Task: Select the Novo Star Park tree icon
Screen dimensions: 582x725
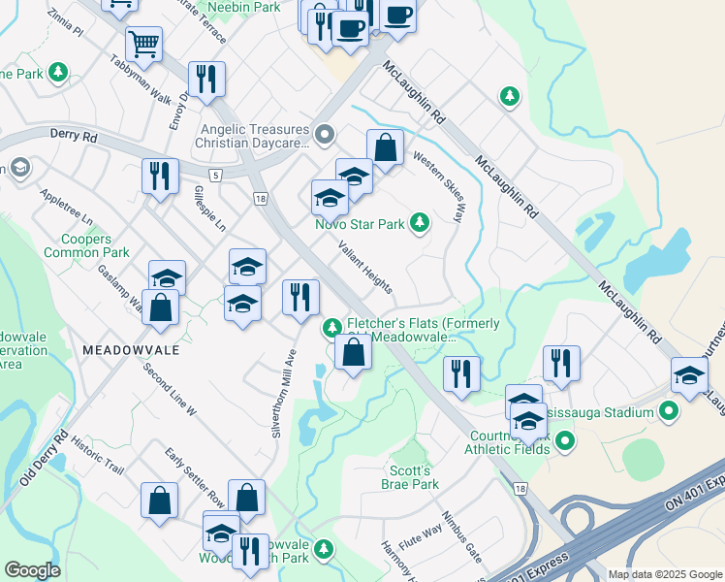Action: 419,224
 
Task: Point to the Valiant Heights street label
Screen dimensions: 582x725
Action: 365,267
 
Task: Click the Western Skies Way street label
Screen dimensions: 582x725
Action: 447,185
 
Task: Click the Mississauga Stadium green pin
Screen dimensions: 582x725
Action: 668,413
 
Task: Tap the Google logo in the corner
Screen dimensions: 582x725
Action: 32,570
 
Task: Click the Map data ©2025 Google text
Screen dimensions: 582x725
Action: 665,574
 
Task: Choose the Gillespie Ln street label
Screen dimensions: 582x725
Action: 208,208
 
